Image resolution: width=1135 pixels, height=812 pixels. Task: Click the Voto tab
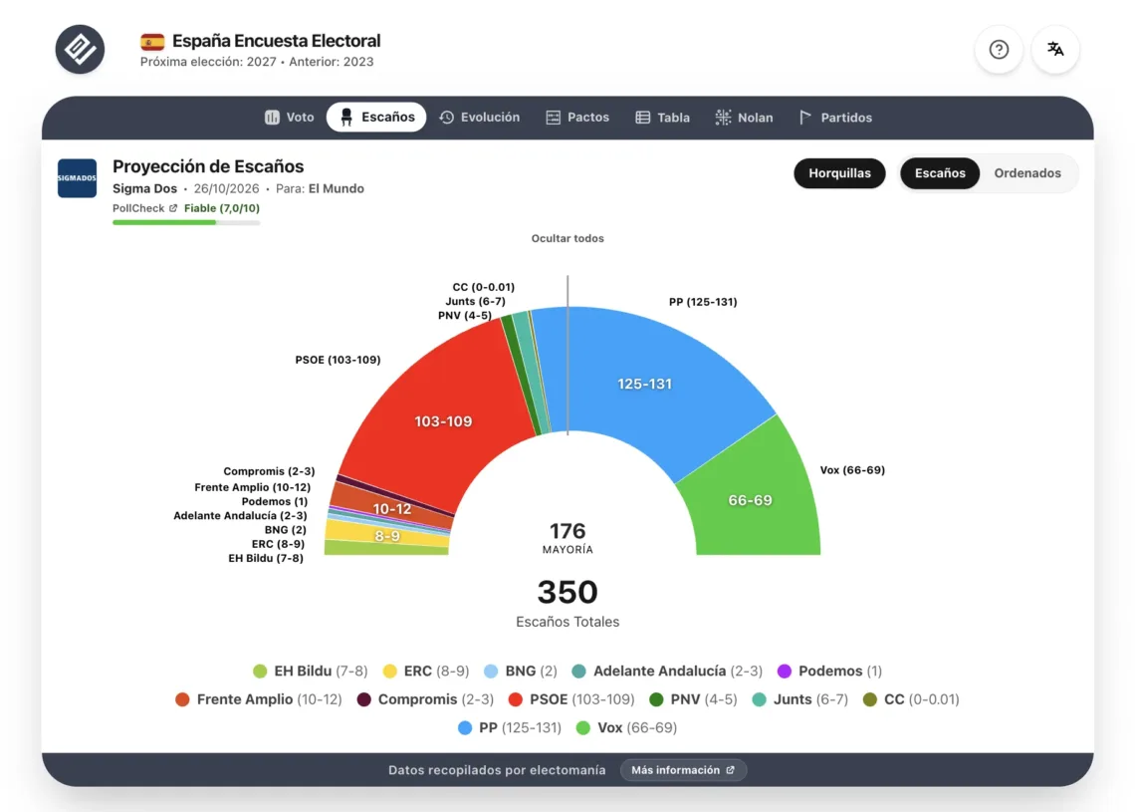(x=290, y=118)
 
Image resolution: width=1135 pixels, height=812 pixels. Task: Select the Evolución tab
(x=479, y=118)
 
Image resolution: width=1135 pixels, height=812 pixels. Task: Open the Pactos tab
(x=577, y=118)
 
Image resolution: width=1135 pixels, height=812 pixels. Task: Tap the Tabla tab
(x=662, y=118)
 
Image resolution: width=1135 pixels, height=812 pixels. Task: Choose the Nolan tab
(x=744, y=118)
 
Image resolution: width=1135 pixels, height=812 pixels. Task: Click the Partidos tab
(x=835, y=118)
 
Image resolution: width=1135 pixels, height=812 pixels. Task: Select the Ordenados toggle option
(x=1027, y=173)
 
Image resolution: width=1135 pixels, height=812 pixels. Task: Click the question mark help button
(x=999, y=49)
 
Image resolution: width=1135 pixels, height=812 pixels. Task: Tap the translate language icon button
(x=1055, y=49)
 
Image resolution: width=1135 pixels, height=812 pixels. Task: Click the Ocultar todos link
(x=567, y=238)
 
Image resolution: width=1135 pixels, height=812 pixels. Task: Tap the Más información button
(x=683, y=770)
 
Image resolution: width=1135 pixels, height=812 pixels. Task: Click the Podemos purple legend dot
(x=784, y=671)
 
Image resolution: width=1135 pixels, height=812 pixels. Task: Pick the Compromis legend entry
(x=425, y=699)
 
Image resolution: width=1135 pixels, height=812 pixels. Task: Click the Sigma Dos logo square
(x=77, y=178)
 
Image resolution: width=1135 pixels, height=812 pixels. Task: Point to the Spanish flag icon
(x=152, y=42)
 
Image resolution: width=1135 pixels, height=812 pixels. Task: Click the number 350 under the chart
(x=567, y=592)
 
